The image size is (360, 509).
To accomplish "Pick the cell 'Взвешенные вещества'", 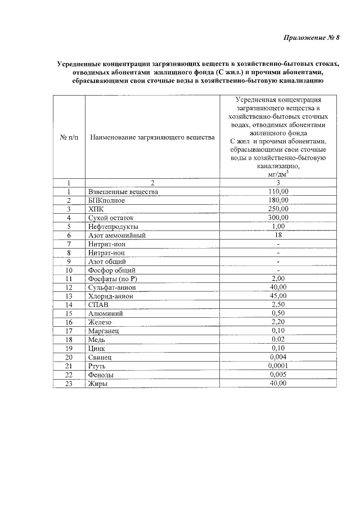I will tap(123, 192).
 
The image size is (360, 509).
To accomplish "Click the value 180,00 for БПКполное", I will tap(278, 200).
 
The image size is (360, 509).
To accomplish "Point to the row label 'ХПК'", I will tap(97, 209).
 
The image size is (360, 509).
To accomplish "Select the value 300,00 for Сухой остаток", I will tap(278, 218).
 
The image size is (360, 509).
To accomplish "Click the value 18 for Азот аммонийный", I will tap(278, 235).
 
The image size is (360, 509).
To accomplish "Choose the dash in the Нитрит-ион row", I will tap(278, 244).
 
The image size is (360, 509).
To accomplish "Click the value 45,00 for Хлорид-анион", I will tap(278, 296).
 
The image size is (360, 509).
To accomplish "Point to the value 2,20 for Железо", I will tap(278, 322).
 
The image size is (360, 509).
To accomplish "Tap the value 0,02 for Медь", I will tap(278, 340).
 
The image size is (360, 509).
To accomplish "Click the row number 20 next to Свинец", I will tap(69, 357).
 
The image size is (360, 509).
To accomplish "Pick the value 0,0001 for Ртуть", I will tap(278, 366).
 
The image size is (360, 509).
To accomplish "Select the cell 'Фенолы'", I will tap(101, 375).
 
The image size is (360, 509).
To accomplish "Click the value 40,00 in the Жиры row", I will tap(278, 383).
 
